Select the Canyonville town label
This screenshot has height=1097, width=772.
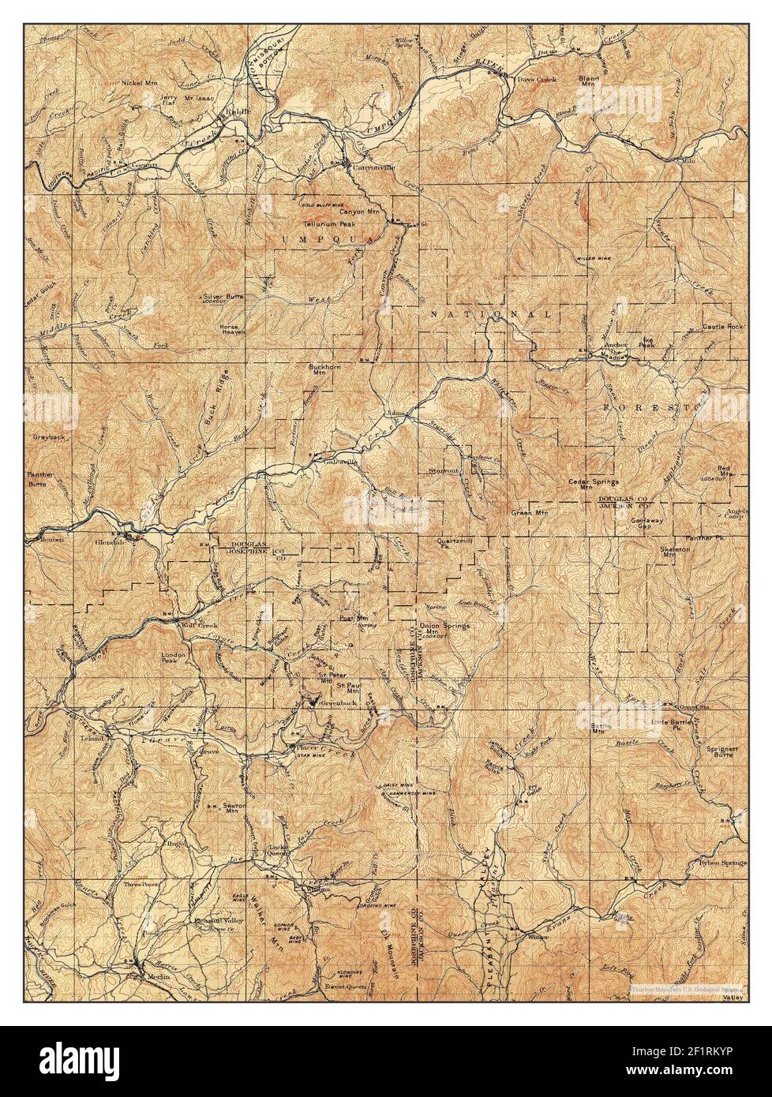click(371, 168)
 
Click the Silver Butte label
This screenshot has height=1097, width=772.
click(223, 298)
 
